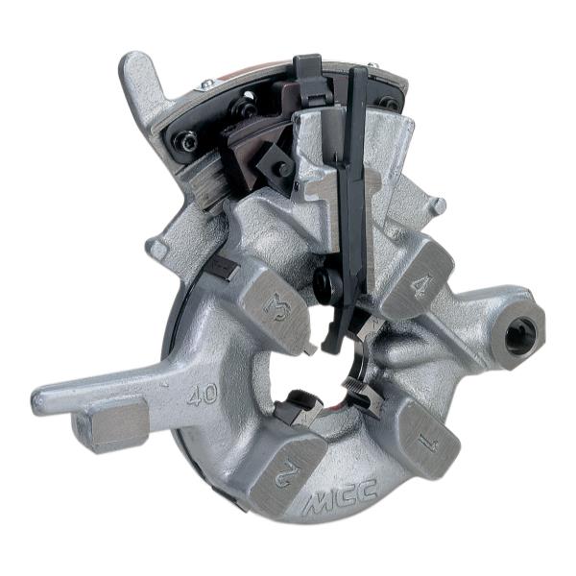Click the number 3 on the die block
(277, 308)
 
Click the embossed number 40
(202, 395)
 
